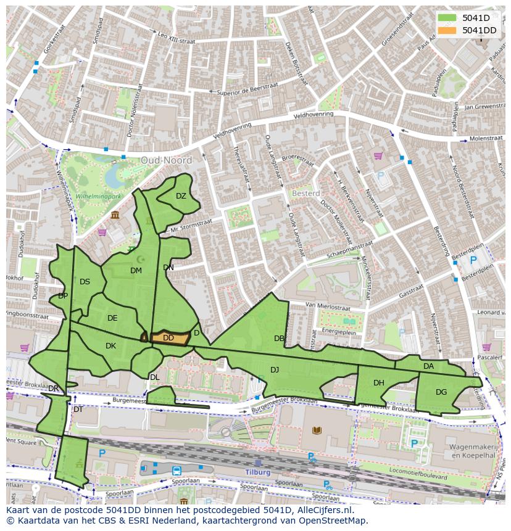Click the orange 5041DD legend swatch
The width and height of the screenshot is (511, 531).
448,30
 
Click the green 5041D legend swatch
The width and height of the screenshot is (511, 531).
448,18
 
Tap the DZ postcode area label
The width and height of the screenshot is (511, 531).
181,196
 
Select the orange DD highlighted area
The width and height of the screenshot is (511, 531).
168,338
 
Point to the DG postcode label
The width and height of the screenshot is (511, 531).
441,392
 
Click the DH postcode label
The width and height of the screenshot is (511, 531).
379,383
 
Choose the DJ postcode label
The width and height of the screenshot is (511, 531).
275,369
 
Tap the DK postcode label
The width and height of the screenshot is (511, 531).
110,346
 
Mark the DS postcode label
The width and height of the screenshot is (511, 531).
85,282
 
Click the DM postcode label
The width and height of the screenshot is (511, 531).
136,271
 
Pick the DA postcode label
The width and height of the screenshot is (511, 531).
428,366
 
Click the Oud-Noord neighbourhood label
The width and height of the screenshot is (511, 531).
166,160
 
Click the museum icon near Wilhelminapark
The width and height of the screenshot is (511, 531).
115,215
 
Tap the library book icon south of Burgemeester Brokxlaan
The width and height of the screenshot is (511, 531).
317,430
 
